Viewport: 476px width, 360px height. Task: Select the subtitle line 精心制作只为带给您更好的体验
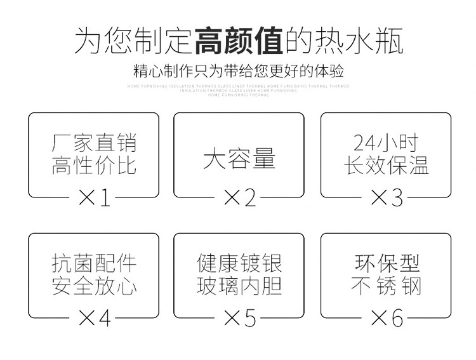[x=239, y=70]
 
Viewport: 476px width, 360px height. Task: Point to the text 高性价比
[x=94, y=166]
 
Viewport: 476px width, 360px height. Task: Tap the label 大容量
[x=239, y=158]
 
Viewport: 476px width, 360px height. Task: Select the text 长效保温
[x=386, y=166]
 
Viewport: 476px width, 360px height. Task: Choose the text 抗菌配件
[x=94, y=263]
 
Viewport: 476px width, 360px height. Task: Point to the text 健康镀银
[x=239, y=263]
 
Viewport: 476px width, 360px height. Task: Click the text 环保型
[x=386, y=263]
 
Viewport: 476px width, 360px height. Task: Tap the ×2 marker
[x=239, y=198]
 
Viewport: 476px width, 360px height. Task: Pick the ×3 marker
[x=386, y=198]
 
